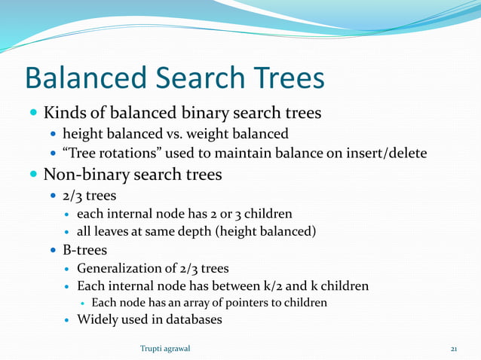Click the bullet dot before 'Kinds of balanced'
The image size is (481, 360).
pyautogui.click(x=33, y=114)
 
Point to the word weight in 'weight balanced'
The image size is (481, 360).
pyautogui.click(x=199, y=134)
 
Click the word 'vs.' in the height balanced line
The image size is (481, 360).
pyautogui.click(x=167, y=134)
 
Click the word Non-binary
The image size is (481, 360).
pyautogui.click(x=85, y=175)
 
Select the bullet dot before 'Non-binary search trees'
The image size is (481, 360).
pyautogui.click(x=33, y=176)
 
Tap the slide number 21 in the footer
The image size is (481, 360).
pyautogui.click(x=454, y=348)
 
